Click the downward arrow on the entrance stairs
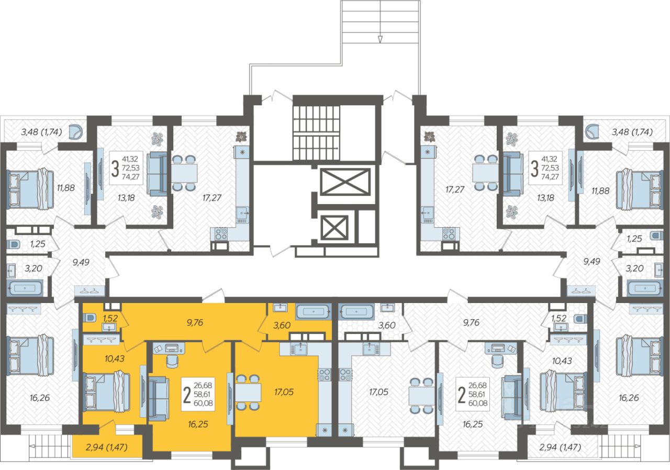pos(381,39)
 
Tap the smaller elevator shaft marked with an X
pos(334,228)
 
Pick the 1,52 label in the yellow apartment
pos(110,317)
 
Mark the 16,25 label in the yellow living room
pos(197,424)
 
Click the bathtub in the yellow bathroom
pos(313,311)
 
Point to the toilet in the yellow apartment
pos(90,317)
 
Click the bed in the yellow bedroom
pos(106,390)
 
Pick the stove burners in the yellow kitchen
pos(324,374)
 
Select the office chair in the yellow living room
pos(171,361)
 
